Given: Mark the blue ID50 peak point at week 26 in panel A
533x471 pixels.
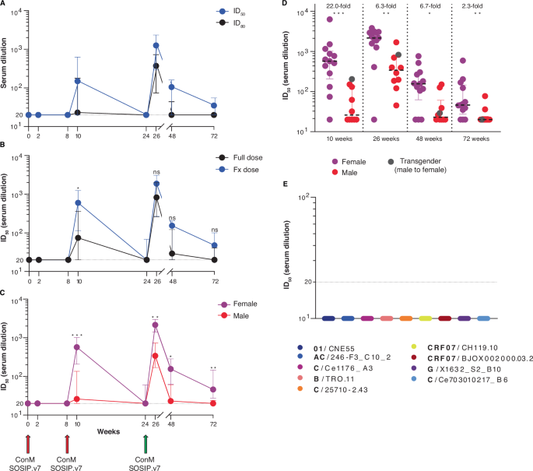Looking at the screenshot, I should pos(156,45).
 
